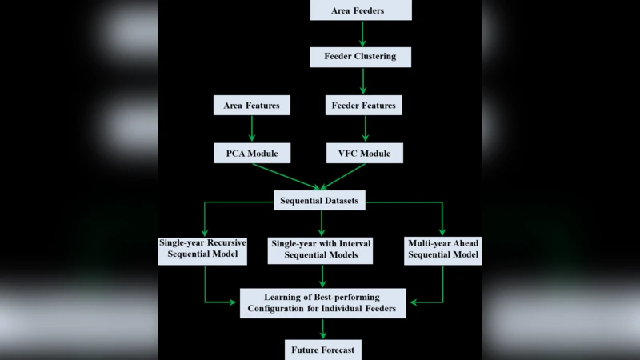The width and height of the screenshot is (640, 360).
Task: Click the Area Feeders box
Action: (x=362, y=10)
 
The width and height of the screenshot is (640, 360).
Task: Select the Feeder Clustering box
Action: (x=362, y=57)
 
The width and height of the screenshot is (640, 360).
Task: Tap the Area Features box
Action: (x=251, y=105)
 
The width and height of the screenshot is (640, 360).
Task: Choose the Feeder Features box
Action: (x=363, y=105)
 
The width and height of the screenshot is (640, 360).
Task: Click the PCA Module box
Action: (x=251, y=152)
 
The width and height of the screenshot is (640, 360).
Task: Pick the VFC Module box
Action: (x=363, y=152)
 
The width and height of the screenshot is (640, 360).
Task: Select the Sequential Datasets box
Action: (x=320, y=201)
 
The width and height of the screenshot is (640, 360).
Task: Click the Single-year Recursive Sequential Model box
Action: (x=205, y=249)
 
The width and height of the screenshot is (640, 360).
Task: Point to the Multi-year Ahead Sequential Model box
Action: (x=442, y=249)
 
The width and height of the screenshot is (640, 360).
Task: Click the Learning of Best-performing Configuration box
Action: (x=322, y=303)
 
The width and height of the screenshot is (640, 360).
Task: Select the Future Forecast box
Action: (x=323, y=350)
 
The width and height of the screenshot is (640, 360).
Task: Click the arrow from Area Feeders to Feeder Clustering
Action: (x=362, y=33)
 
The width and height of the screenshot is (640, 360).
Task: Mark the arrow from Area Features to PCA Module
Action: (x=251, y=128)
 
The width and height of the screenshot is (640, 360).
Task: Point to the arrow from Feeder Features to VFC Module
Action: (x=363, y=128)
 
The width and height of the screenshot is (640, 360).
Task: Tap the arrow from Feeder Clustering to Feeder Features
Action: (x=363, y=81)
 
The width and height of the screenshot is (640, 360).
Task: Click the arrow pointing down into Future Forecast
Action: (x=323, y=329)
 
